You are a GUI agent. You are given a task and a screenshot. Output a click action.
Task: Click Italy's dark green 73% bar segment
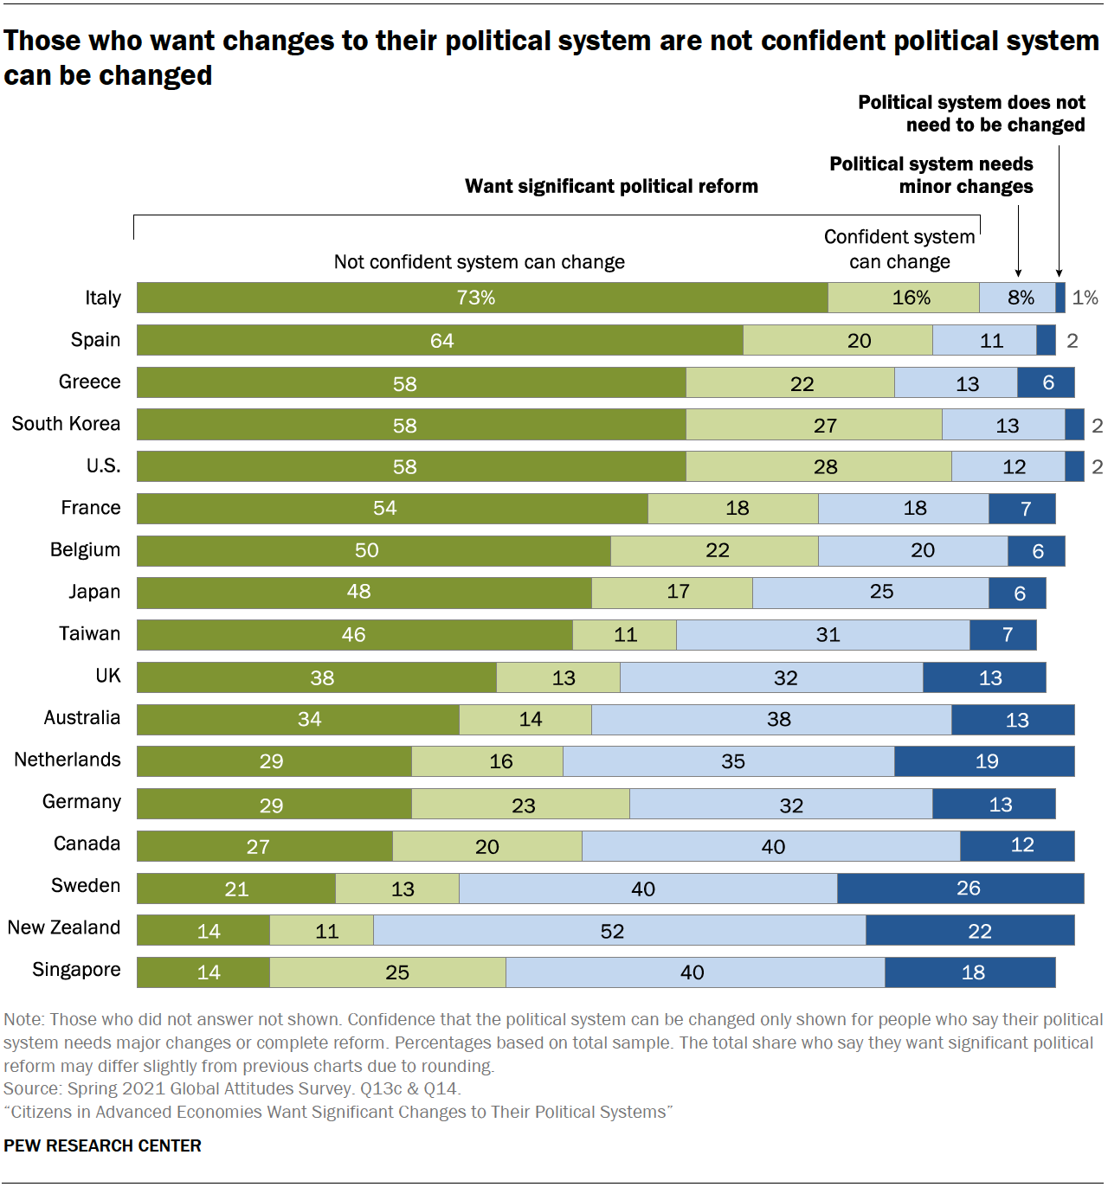pyautogui.click(x=482, y=298)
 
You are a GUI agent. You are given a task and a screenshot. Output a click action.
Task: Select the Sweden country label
pyautogui.click(x=86, y=885)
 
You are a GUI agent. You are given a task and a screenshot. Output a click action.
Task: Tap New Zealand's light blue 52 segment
pyautogui.click(x=619, y=930)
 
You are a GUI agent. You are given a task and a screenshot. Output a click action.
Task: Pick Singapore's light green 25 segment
pyautogui.click(x=388, y=972)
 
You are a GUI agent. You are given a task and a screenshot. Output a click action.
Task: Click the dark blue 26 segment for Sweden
pyautogui.click(x=960, y=889)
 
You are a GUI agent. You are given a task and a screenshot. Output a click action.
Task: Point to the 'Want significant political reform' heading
pyautogui.click(x=611, y=186)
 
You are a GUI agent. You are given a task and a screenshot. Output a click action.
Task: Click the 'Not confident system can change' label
pyautogui.click(x=479, y=262)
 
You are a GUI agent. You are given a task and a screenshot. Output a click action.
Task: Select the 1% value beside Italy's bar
pyautogui.click(x=1085, y=298)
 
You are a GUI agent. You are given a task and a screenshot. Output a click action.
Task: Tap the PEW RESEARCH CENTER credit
pyautogui.click(x=102, y=1145)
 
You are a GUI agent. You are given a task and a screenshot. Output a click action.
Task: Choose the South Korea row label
pyautogui.click(x=66, y=424)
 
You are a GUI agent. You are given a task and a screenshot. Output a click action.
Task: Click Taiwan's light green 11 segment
pyautogui.click(x=624, y=635)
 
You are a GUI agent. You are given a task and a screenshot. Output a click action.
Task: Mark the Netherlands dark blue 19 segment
pyautogui.click(x=984, y=761)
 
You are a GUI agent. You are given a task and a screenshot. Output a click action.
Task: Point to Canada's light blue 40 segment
pyautogui.click(x=770, y=846)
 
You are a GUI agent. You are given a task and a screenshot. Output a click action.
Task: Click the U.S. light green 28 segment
pyautogui.click(x=819, y=466)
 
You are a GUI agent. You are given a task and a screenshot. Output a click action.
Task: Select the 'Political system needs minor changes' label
pyautogui.click(x=931, y=175)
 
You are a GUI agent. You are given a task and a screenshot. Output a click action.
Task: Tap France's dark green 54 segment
pyautogui.click(x=392, y=509)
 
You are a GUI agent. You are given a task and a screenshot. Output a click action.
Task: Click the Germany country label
pyautogui.click(x=81, y=801)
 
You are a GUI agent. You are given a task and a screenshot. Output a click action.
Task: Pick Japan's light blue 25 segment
pyautogui.click(x=871, y=593)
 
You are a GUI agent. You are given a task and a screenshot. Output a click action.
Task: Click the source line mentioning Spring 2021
pyautogui.click(x=232, y=1088)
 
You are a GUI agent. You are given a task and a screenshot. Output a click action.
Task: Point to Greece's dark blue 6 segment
pyautogui.click(x=1046, y=382)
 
